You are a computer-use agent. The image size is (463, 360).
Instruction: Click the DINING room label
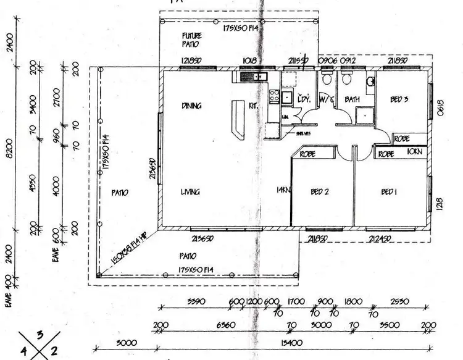coord(192,106)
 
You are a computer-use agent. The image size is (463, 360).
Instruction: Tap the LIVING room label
coord(190,193)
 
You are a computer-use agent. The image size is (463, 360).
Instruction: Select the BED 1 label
coord(388,193)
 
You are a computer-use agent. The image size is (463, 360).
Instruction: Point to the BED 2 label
coord(319,193)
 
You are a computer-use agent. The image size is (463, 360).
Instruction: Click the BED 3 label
coord(399,99)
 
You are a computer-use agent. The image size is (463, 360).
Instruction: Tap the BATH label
coord(352,99)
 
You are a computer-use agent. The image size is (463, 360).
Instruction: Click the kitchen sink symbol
coord(254,77)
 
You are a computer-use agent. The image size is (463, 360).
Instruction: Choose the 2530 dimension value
coord(399,302)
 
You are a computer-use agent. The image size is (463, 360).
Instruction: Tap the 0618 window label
coord(441,109)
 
